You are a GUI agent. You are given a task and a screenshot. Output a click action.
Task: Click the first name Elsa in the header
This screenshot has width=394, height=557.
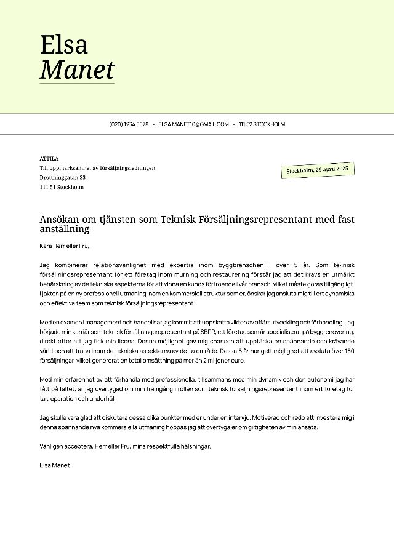(x=64, y=44)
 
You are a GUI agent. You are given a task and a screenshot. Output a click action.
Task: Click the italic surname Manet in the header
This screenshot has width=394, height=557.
(x=77, y=70)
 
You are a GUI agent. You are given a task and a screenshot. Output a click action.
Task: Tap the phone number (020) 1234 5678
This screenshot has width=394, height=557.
(x=129, y=124)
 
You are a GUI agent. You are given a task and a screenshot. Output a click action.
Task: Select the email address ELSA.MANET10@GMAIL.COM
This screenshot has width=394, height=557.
(x=193, y=124)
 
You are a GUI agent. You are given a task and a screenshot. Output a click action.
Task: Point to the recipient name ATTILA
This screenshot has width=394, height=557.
(x=49, y=158)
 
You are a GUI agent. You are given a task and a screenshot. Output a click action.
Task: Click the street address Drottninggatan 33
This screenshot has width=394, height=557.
(x=62, y=177)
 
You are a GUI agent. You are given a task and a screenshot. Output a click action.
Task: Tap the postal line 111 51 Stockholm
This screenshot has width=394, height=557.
(x=61, y=187)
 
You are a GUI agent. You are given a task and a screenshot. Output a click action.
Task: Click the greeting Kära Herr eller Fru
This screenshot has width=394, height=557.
(x=64, y=246)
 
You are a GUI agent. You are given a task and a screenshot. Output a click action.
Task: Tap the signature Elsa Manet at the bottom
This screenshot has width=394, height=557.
(x=54, y=465)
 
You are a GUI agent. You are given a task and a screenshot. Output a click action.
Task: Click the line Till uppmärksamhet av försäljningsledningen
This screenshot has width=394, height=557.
(x=97, y=168)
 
